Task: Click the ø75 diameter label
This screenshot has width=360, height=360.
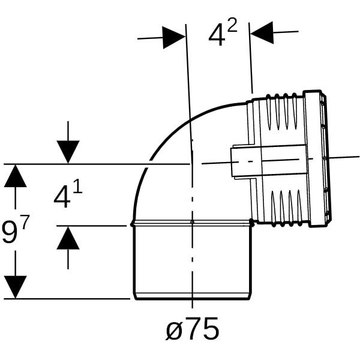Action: click(192, 329)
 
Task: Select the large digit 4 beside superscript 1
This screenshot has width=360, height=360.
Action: click(62, 197)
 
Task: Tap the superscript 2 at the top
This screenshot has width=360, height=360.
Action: click(232, 25)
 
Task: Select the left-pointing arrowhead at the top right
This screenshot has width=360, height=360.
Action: click(262, 32)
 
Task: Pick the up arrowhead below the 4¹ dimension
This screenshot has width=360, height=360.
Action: click(68, 238)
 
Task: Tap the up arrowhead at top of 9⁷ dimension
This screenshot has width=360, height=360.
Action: click(16, 176)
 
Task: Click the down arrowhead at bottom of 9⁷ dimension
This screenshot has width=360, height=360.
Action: click(16, 287)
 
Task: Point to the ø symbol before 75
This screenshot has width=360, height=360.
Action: click(174, 331)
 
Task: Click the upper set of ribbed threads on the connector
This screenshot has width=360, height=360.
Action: click(281, 111)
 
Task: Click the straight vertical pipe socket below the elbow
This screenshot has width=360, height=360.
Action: click(193, 261)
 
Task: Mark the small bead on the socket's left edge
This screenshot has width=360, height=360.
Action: click(132, 224)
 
